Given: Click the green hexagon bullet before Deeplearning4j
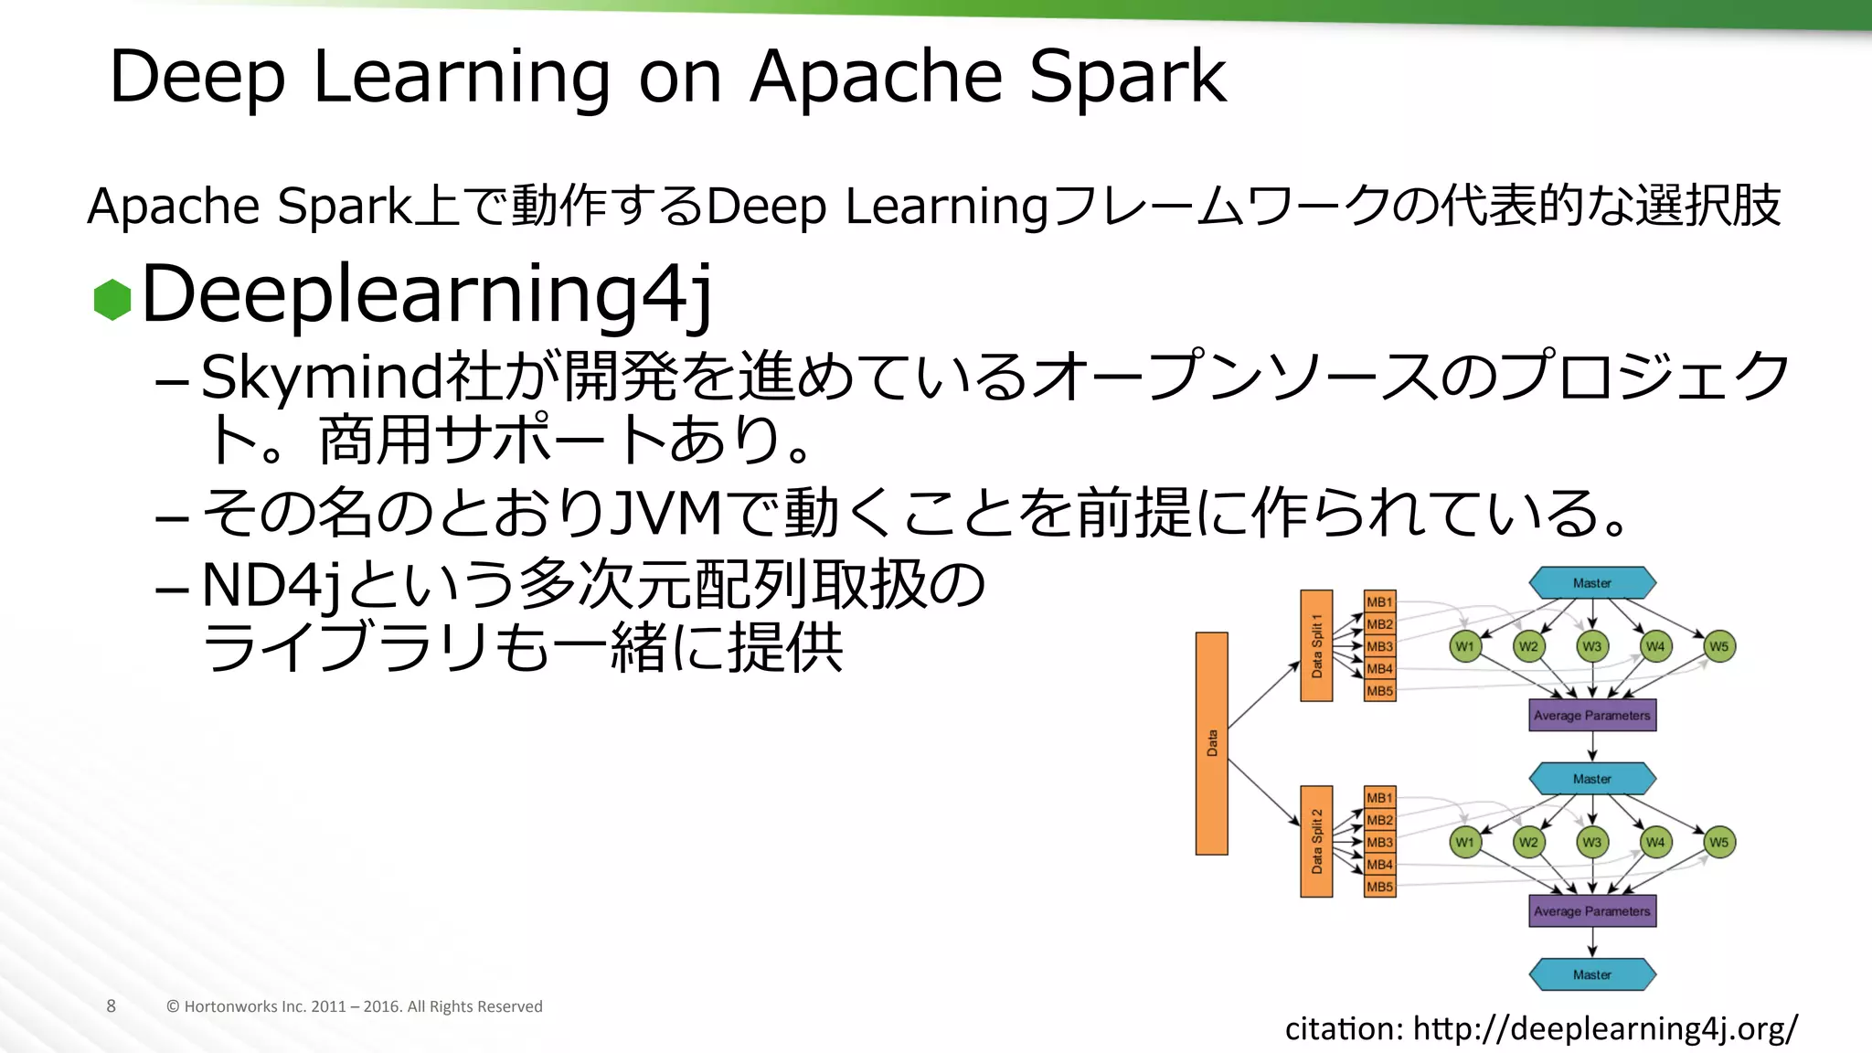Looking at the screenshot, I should [x=112, y=299].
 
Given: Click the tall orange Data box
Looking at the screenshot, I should [x=1211, y=743].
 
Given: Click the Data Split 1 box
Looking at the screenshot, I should [x=1316, y=645].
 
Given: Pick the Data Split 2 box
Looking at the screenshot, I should [x=1316, y=841].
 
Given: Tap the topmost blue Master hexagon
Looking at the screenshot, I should [x=1591, y=583].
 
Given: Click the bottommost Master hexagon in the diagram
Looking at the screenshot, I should [x=1591, y=974].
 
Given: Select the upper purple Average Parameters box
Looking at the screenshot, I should [x=1591, y=716].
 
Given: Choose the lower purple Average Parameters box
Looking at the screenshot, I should [x=1591, y=911].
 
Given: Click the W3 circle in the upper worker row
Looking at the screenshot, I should [x=1591, y=646].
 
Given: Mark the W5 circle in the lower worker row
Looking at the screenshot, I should [x=1718, y=842].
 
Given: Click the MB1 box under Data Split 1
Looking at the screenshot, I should [x=1379, y=601].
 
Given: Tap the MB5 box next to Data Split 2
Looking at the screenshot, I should [x=1379, y=887].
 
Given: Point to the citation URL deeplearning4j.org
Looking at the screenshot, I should [x=1604, y=1028].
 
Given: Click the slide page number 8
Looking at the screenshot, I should [x=112, y=1006].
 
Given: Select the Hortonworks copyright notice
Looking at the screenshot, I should [x=355, y=1006].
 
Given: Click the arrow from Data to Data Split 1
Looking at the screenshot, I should [x=1263, y=696].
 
